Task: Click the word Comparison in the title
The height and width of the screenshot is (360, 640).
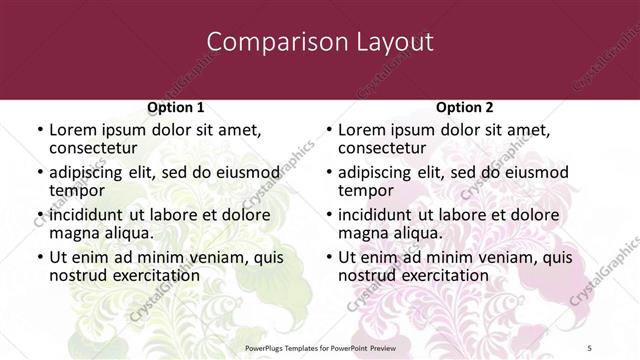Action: pyautogui.click(x=263, y=42)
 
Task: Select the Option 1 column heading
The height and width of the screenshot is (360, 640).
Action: pyautogui.click(x=176, y=107)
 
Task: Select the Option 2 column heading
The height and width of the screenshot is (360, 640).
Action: pyautogui.click(x=465, y=107)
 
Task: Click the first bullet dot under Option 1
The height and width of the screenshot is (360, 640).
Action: pyautogui.click(x=40, y=130)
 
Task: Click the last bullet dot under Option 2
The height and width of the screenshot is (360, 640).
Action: pyautogui.click(x=329, y=256)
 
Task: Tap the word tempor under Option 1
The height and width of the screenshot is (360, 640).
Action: pyautogui.click(x=77, y=191)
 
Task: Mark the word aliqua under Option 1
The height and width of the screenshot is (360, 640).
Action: pyautogui.click(x=128, y=233)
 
